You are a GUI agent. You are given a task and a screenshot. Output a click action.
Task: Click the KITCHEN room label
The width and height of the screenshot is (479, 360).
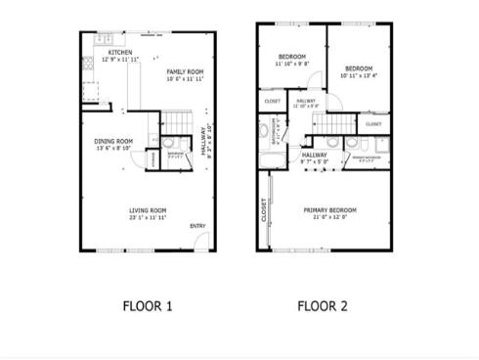coord(120,52)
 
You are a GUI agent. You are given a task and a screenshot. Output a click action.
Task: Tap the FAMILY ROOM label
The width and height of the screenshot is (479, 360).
coord(184,71)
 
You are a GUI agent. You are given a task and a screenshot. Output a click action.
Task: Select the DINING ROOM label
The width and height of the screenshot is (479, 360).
coord(113,141)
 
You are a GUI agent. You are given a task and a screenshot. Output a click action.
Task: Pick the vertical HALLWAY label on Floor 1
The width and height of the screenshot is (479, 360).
coord(203,141)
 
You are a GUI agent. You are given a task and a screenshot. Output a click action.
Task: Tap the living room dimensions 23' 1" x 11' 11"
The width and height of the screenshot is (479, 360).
coord(148,217)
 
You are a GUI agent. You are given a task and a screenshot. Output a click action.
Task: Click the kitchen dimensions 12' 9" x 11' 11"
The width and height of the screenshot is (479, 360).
coord(120,60)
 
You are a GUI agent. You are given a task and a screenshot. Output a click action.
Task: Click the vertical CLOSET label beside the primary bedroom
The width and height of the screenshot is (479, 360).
coord(264,209)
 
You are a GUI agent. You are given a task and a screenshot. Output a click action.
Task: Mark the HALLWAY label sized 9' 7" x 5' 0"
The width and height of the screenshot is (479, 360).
coord(314,155)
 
